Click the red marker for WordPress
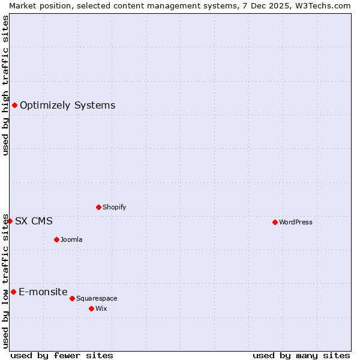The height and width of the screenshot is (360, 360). coord(275,222)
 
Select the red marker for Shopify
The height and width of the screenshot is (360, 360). coord(98,207)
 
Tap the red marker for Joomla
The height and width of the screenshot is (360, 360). coord(56,239)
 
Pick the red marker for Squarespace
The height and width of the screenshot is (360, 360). coord(72,298)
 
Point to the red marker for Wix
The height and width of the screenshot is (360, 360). coord(91,308)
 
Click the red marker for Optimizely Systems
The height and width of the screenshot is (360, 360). coord(14,106)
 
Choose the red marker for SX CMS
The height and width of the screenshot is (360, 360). coord(10,221)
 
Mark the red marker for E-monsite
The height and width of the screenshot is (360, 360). coord(13,292)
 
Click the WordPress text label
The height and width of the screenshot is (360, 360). coord(296,222)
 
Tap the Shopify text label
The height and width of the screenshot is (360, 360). coord(114,207)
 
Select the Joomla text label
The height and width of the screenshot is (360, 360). coord(71,239)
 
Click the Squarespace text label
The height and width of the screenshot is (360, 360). coord(97,298)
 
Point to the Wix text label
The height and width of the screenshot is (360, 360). coord(101,308)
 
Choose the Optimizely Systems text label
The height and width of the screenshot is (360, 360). coord(67,106)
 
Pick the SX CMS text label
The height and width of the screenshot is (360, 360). coord(34,221)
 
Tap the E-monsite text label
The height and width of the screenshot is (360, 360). coord(43,292)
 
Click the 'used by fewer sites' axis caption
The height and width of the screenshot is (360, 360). coord(62,355)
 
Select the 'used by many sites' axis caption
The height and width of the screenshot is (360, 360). coord(301,355)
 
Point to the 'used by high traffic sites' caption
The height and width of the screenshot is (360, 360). coord(5,85)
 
